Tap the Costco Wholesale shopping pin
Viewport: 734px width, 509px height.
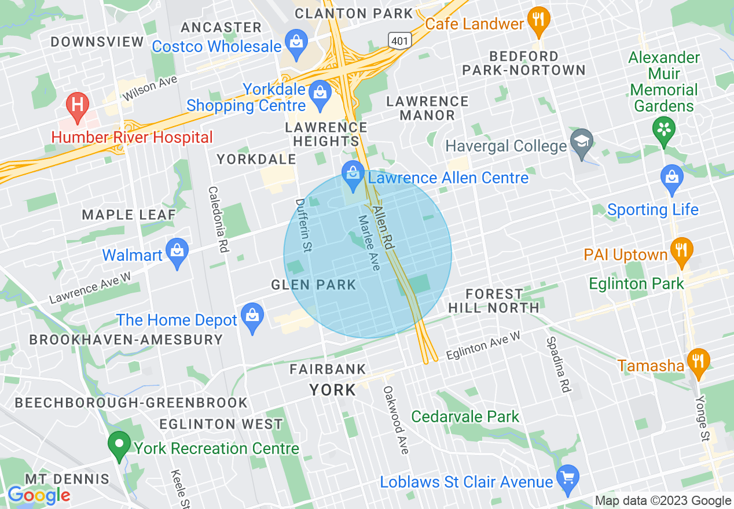(x=296, y=42)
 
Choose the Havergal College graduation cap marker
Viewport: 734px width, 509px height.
(x=581, y=142)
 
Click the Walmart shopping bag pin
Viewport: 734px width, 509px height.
(x=177, y=252)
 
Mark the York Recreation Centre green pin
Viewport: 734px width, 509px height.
(x=119, y=445)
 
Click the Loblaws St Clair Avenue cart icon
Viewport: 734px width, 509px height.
(x=567, y=478)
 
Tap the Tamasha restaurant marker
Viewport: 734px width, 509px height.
(x=699, y=362)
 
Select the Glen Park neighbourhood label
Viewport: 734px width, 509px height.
(x=313, y=285)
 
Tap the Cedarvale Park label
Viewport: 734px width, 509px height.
(x=465, y=416)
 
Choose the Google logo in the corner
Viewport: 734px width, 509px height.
(x=38, y=495)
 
